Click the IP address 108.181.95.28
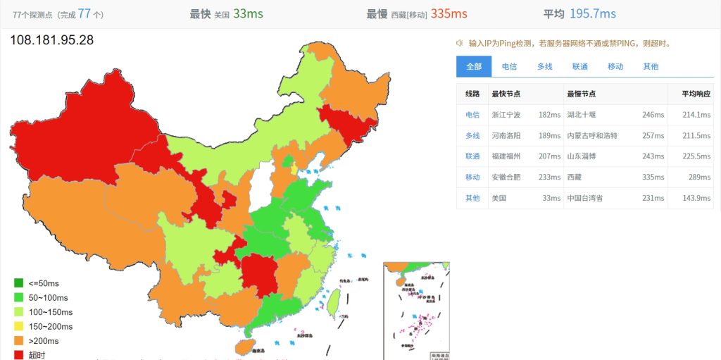[x=51, y=40]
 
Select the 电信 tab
[x=509, y=66]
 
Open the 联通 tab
[x=580, y=66]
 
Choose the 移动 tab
[x=615, y=66]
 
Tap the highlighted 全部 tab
[x=474, y=66]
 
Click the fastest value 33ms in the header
[x=249, y=13]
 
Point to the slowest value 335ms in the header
[x=449, y=13]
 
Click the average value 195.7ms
[x=593, y=13]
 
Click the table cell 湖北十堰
[x=581, y=115]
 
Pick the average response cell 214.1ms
[x=696, y=115]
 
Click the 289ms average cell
[x=699, y=178]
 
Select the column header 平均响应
[x=696, y=94]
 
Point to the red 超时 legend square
[x=19, y=355]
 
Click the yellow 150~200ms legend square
[x=19, y=326]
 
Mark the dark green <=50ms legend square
[x=19, y=283]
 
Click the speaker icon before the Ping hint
[x=459, y=43]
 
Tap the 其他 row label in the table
[x=472, y=198]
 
